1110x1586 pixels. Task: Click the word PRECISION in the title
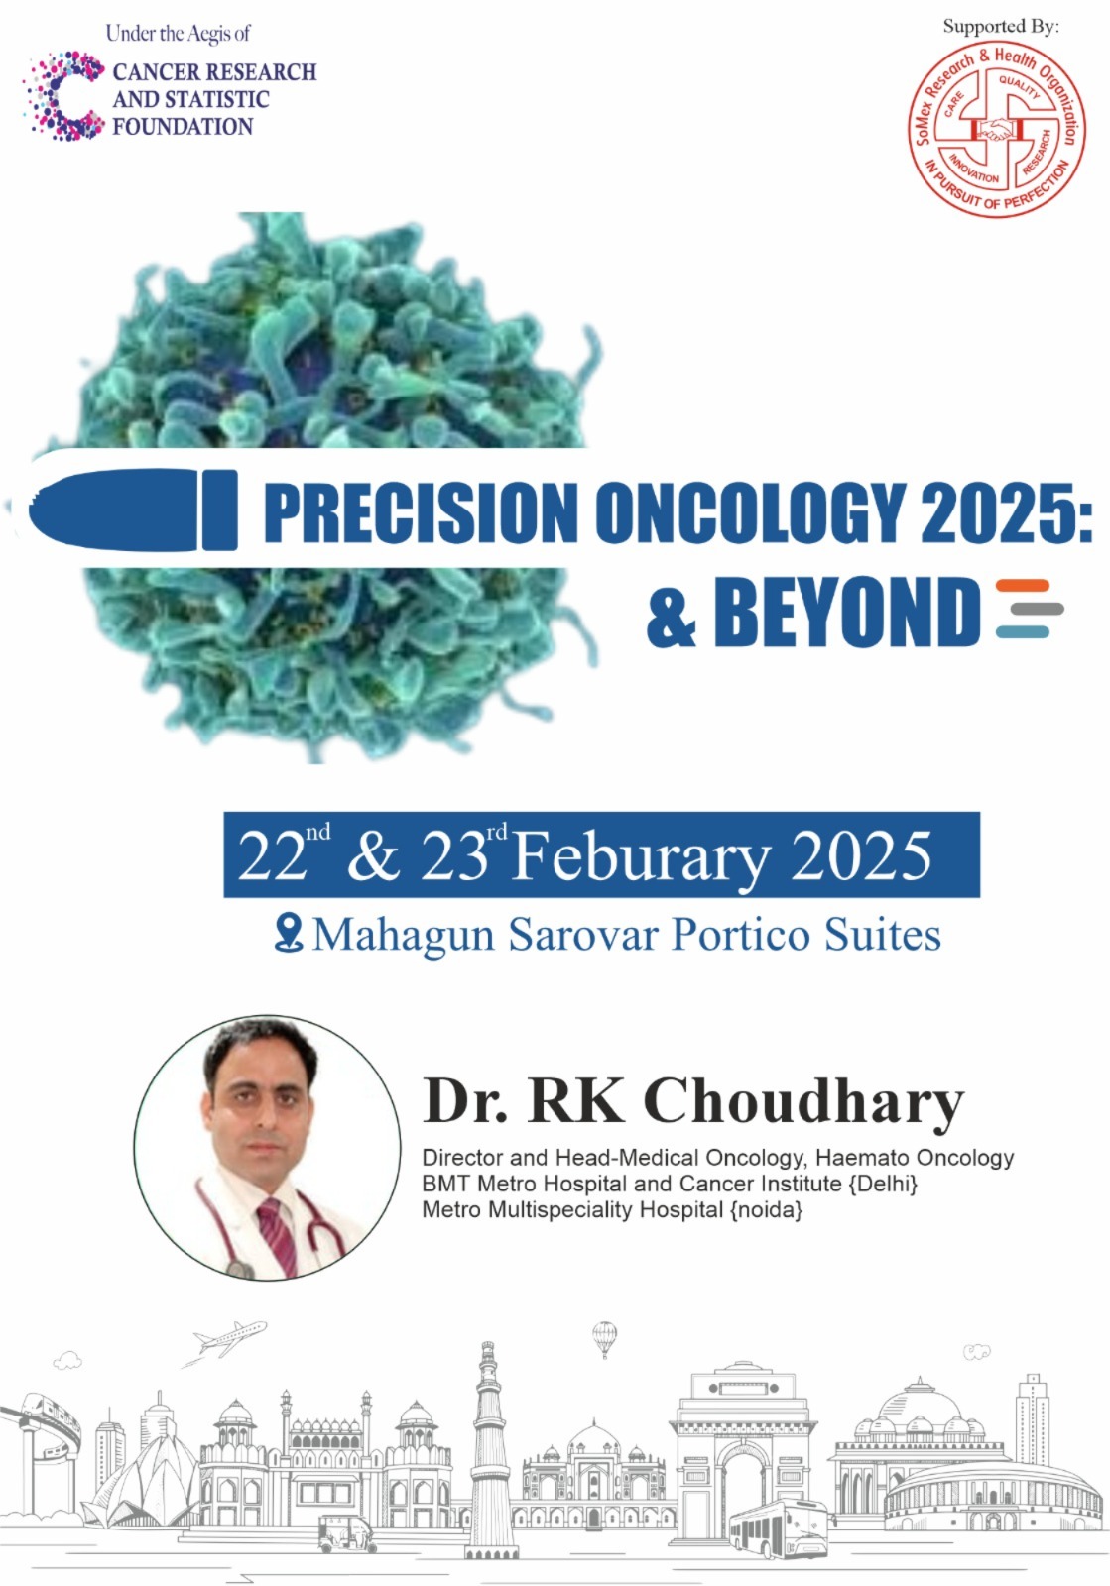[x=421, y=511]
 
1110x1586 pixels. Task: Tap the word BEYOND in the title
[x=847, y=611]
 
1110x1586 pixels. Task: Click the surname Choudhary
[x=803, y=1102]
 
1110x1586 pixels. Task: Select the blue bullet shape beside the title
[x=133, y=510]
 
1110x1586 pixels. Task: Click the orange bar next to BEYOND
[x=1022, y=586]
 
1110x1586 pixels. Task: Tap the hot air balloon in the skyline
[x=603, y=1338]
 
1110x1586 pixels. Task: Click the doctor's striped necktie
[x=279, y=1238]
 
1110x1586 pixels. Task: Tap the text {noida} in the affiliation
[x=766, y=1209]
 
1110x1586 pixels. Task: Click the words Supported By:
[x=1001, y=26]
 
